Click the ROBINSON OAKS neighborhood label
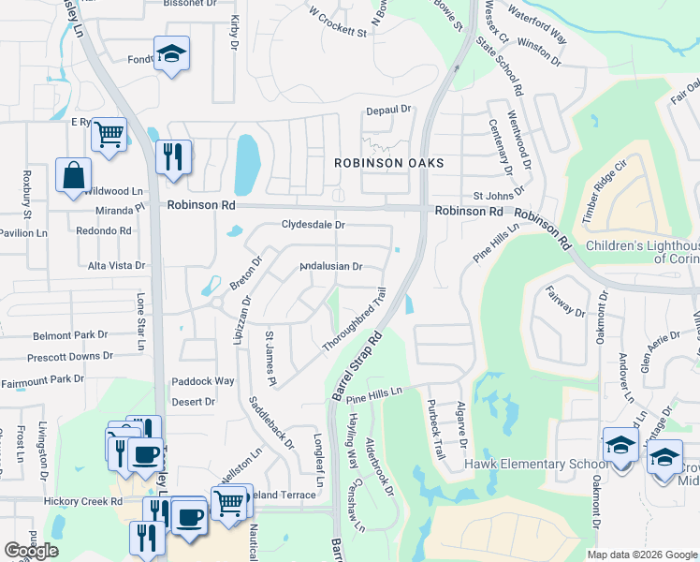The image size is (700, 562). pyautogui.click(x=388, y=163)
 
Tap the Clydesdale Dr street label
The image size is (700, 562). pyautogui.click(x=314, y=225)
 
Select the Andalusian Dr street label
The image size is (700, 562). pyautogui.click(x=330, y=266)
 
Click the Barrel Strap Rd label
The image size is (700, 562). pyautogui.click(x=357, y=365)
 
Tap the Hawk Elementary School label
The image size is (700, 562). pyautogui.click(x=530, y=465)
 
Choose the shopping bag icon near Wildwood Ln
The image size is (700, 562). pyautogui.click(x=73, y=175)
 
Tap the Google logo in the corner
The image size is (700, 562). pyautogui.click(x=31, y=551)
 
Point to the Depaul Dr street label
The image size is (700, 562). pyautogui.click(x=388, y=110)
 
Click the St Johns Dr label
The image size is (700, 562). pyautogui.click(x=494, y=196)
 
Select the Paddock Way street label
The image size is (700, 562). pyautogui.click(x=203, y=381)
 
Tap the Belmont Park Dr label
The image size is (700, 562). pyautogui.click(x=70, y=334)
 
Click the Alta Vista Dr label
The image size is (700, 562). pyautogui.click(x=116, y=265)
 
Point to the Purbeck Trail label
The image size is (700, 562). pyautogui.click(x=434, y=435)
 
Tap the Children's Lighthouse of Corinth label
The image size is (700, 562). pyautogui.click(x=642, y=252)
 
